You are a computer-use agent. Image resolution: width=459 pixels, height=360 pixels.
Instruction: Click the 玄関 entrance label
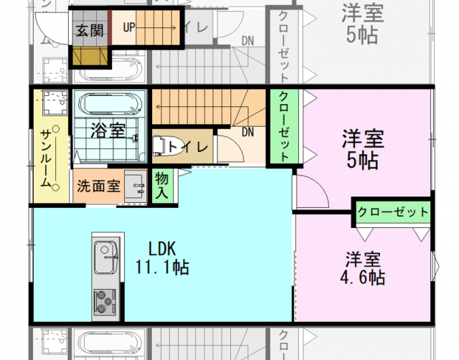90,29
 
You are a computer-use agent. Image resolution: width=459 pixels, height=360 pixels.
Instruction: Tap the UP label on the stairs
129,28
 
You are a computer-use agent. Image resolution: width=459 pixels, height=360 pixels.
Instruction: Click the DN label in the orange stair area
248,132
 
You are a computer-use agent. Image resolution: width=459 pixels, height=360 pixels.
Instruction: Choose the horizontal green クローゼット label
393,212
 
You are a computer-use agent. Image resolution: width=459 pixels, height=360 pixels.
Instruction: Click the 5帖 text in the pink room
362,160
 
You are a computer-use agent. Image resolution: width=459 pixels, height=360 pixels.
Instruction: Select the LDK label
162,248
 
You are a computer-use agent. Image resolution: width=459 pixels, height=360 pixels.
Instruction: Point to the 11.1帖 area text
162,267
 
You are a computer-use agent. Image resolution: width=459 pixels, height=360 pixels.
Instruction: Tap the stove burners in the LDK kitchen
105,299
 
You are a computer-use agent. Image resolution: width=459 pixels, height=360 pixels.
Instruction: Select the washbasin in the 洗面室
135,185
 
